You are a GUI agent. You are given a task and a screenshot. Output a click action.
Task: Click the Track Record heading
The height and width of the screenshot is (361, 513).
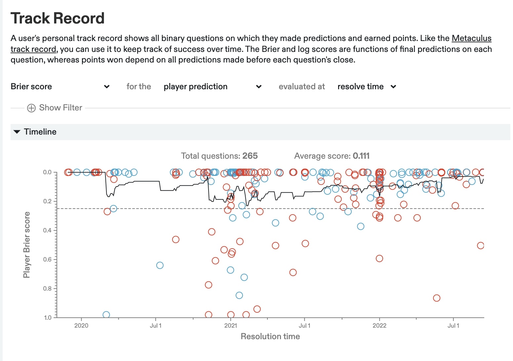tap(58, 18)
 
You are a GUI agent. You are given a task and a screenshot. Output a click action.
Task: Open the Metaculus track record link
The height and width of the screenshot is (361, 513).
tap(471, 38)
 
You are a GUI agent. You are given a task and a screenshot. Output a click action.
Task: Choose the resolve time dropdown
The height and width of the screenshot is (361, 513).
tap(367, 87)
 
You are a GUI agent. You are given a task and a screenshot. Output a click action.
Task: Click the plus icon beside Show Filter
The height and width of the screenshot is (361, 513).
tap(31, 108)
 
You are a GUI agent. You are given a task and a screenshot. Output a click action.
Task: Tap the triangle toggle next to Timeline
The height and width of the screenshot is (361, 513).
tap(17, 132)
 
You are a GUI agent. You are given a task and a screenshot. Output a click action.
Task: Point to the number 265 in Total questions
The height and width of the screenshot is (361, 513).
tap(250, 156)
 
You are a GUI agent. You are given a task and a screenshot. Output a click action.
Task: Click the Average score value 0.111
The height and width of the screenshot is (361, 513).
tap(361, 156)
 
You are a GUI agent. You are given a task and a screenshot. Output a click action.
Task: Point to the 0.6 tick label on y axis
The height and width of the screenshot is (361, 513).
tap(47, 260)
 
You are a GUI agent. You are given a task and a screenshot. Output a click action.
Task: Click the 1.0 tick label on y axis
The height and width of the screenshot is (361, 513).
tap(47, 318)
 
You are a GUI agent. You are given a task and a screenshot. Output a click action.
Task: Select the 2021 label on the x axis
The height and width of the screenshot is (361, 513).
tap(230, 326)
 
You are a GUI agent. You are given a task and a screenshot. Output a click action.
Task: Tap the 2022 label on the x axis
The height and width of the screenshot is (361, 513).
tap(379, 326)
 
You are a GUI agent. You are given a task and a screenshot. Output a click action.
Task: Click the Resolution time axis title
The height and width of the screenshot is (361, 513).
tap(270, 337)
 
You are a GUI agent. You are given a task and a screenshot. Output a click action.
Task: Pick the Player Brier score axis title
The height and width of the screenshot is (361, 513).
tap(26, 245)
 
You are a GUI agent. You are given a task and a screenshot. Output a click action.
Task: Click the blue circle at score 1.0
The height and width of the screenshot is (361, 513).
tap(106, 315)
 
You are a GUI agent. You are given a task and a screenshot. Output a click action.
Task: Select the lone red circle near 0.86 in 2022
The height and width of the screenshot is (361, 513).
tap(437, 298)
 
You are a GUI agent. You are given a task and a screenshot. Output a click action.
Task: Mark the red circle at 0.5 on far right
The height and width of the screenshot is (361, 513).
tap(481, 246)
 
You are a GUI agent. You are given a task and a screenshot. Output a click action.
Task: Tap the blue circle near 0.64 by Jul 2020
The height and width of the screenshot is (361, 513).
tap(160, 265)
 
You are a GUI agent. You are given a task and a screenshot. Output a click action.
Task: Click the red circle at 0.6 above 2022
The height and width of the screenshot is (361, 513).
tap(379, 259)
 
